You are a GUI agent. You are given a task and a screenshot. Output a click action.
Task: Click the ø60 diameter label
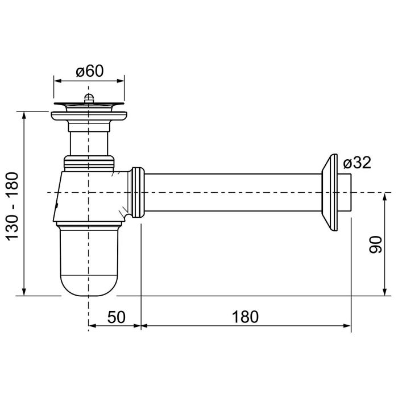pos(90,71)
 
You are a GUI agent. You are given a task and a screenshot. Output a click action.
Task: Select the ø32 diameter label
pos(357,163)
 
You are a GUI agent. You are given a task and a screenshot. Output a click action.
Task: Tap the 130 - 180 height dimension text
pos(12,206)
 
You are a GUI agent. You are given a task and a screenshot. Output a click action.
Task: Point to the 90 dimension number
pos(375,244)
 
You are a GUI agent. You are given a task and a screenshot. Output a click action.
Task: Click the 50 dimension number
pos(116,317)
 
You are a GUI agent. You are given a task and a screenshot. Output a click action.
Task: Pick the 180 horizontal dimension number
pos(245,317)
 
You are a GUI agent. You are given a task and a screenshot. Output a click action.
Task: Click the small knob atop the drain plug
pos(88,97)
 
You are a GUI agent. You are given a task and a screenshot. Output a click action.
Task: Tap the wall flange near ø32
pos(330,192)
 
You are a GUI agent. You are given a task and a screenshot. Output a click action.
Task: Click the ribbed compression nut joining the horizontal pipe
pos(138,192)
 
